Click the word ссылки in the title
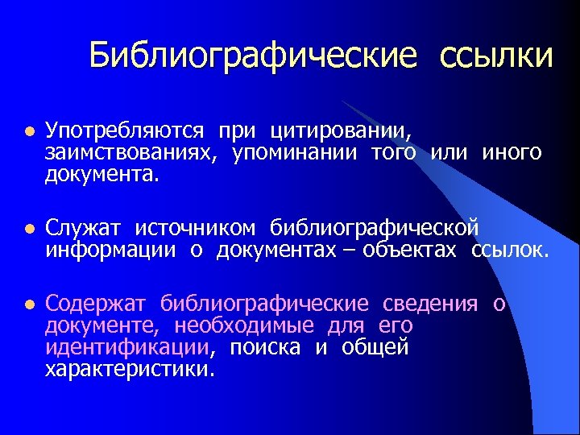click(496, 56)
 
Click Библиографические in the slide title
click(254, 56)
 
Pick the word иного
click(512, 151)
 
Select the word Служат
click(84, 229)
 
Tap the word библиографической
click(375, 229)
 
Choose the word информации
click(110, 251)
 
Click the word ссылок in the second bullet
click(510, 251)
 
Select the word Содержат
click(96, 304)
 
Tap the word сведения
click(431, 304)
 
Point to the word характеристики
click(130, 370)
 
